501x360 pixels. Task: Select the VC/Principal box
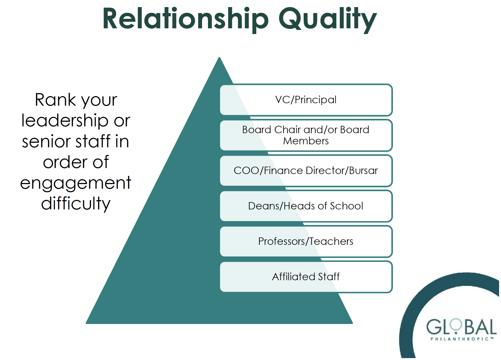point(306,100)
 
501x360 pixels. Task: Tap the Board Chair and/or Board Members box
point(306,135)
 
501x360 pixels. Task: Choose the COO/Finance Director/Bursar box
point(306,171)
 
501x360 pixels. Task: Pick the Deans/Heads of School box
point(306,206)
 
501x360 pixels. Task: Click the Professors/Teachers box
point(306,242)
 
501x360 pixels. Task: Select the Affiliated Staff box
point(306,277)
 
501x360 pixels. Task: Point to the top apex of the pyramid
point(219,57)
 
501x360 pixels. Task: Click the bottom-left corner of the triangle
point(86,323)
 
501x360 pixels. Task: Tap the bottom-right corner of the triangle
point(352,323)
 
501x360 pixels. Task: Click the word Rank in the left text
point(56,100)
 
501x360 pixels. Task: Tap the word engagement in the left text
point(76,183)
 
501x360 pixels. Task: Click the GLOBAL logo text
point(461,327)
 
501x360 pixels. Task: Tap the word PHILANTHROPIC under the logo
point(460,339)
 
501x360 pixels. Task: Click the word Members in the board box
point(306,141)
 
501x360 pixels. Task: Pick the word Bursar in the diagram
point(363,171)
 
